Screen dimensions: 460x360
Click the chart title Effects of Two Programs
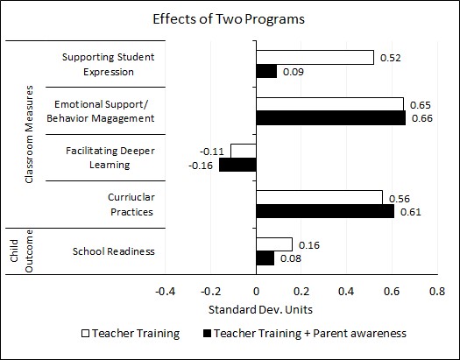[x=229, y=19]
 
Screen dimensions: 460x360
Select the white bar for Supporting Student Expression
[x=315, y=58]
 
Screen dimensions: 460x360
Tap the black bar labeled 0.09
[x=266, y=71]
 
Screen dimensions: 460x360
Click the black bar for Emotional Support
[x=331, y=118]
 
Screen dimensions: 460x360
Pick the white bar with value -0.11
[x=244, y=151]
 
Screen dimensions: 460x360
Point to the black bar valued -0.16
[x=238, y=165]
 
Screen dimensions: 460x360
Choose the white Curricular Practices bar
[x=320, y=198]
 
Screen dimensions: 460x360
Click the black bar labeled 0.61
[x=325, y=211]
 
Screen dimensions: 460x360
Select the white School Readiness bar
[x=274, y=244]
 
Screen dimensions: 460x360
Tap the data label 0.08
[x=291, y=258]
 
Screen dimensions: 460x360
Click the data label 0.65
[x=420, y=105]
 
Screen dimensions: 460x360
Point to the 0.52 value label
[x=390, y=58]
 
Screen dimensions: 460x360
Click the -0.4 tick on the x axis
[x=166, y=292]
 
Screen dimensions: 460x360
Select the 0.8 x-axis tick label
[x=437, y=292]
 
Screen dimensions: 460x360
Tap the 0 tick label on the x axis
[x=256, y=292]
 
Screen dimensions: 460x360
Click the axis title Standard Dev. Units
[x=260, y=310]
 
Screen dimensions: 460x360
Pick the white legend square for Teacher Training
[x=85, y=334]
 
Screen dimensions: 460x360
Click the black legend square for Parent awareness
[x=207, y=334]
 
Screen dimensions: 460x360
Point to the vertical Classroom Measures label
[x=29, y=135]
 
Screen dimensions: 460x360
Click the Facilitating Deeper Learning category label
[x=110, y=158]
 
